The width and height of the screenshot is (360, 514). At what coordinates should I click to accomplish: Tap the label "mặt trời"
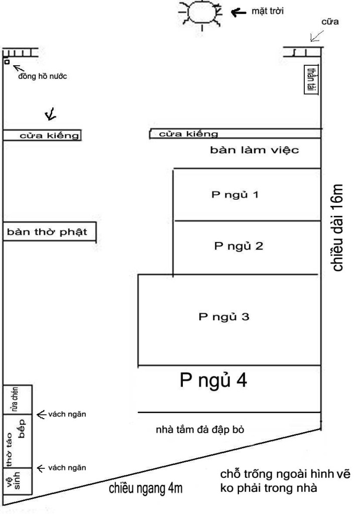[x=268, y=12]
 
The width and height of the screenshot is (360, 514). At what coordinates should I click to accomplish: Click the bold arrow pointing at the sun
[x=238, y=13]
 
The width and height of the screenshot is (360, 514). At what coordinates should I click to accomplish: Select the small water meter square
[x=7, y=61]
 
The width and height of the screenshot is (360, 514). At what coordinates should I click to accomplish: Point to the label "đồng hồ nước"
[x=43, y=76]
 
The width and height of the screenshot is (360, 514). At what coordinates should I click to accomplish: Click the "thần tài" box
[x=311, y=79]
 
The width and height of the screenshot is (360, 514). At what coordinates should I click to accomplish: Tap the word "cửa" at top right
[x=330, y=22]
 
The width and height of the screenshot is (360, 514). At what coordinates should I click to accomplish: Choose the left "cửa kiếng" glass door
[x=42, y=135]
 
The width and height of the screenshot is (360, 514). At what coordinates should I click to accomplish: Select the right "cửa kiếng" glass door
[x=235, y=134]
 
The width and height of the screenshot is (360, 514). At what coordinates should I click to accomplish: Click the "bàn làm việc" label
[x=255, y=150]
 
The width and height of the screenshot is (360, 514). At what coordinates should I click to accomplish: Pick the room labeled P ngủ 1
[x=247, y=195]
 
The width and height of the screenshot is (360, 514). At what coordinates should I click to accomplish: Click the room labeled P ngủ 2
[x=247, y=247]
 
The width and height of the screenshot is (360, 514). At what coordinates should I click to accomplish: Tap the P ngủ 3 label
[x=224, y=317]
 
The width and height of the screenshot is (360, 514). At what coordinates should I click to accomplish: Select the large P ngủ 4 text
[x=213, y=380]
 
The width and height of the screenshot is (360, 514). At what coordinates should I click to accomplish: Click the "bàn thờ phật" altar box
[x=50, y=232]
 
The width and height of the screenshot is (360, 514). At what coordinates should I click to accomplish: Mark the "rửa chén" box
[x=18, y=400]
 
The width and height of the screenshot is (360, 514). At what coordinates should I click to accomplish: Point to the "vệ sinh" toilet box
[x=18, y=481]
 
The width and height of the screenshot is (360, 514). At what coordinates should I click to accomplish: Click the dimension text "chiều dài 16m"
[x=337, y=228]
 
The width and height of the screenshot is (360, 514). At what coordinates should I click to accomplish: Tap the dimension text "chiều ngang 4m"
[x=146, y=488]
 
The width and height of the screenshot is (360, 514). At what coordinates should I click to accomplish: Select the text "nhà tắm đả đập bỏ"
[x=200, y=430]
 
